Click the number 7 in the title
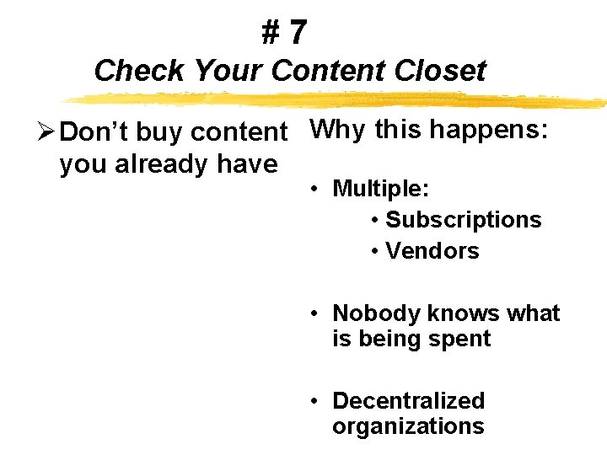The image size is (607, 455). click(x=297, y=34)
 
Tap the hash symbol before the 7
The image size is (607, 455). click(x=271, y=34)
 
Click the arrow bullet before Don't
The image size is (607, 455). click(x=47, y=132)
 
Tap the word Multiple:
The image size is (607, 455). click(x=378, y=188)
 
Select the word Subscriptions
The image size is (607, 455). click(x=463, y=220)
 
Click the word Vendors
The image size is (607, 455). click(x=432, y=251)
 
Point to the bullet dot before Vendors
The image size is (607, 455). click(x=374, y=252)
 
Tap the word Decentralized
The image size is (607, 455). click(x=409, y=401)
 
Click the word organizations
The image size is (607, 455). click(x=408, y=426)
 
